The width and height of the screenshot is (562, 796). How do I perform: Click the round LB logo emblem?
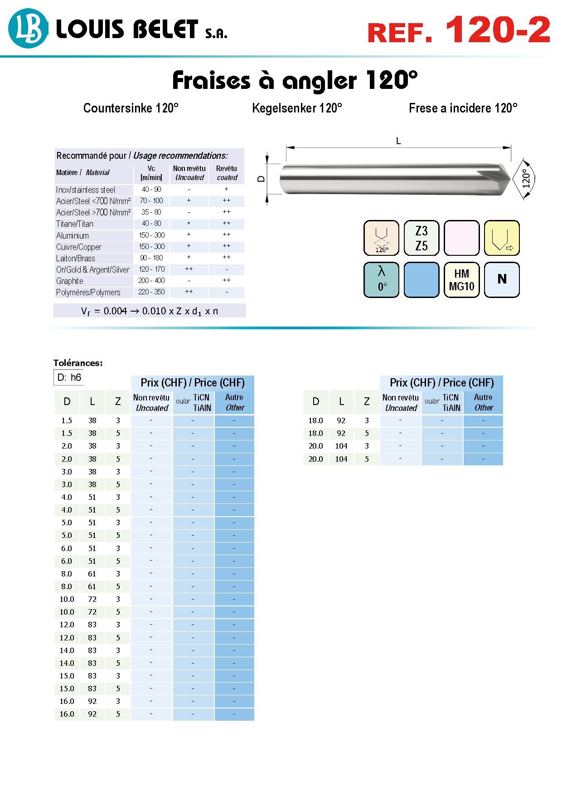[x=28, y=29]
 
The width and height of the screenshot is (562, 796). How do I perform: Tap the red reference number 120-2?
[x=498, y=30]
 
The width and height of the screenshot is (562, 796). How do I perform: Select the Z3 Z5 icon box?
[x=421, y=238]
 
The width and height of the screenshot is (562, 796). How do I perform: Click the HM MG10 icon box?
[x=461, y=280]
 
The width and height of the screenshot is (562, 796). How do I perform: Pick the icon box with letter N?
[x=502, y=280]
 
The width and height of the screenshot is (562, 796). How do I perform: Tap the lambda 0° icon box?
[x=382, y=280]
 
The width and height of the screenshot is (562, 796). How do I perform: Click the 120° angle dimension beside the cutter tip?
[x=526, y=179]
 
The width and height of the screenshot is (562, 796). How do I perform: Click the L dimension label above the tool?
[x=398, y=141]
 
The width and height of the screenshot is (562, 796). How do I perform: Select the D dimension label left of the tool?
[x=261, y=179]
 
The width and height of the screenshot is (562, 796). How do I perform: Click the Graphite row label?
[x=70, y=281]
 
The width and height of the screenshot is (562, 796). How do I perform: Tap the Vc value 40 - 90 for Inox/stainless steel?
[x=151, y=190]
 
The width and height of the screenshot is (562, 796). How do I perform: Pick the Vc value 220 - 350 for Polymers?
[x=151, y=292]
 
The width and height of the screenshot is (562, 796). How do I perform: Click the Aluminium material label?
[x=73, y=236]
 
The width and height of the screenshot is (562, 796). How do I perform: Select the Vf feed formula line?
[x=150, y=311]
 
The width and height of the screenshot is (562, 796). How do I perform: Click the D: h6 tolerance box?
[x=69, y=377]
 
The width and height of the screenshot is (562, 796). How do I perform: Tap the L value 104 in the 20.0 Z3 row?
[x=341, y=446]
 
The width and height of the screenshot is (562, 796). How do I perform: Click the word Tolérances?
[x=78, y=363]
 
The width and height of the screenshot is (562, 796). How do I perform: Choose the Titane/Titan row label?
[x=75, y=224]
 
